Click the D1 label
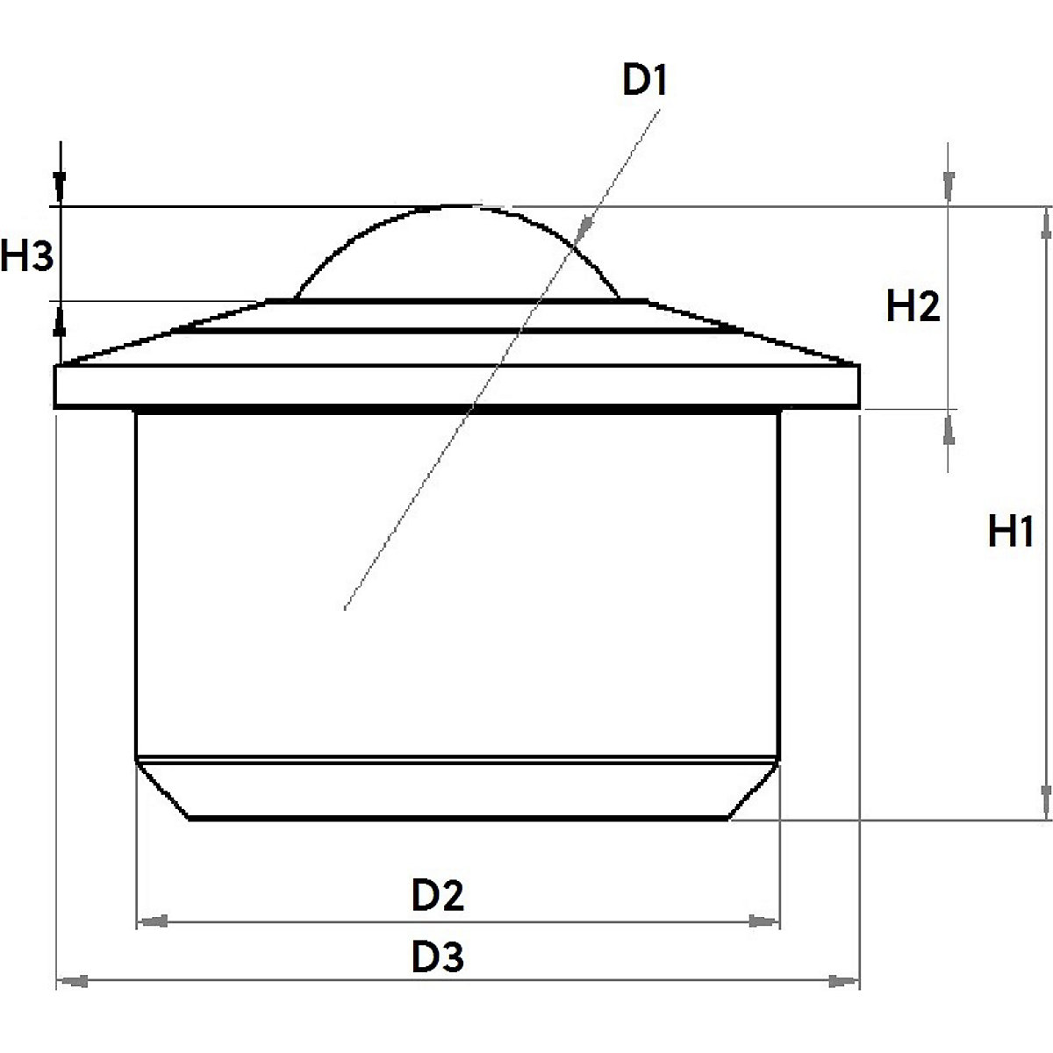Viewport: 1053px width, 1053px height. pyautogui.click(x=645, y=82)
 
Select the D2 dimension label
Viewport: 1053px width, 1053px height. pyautogui.click(x=437, y=896)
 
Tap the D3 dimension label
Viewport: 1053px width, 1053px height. pyautogui.click(x=437, y=957)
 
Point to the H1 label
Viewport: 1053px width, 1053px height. pyautogui.click(x=1010, y=532)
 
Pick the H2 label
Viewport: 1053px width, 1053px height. pyautogui.click(x=913, y=306)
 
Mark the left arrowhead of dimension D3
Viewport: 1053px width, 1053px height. pyautogui.click(x=70, y=980)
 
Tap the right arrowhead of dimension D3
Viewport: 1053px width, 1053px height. pyautogui.click(x=846, y=980)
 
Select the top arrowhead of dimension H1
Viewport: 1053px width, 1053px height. pyautogui.click(x=1044, y=221)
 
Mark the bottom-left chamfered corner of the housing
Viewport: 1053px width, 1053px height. pyautogui.click(x=163, y=790)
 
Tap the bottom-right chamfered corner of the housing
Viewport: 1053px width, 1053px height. pyautogui.click(x=753, y=790)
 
